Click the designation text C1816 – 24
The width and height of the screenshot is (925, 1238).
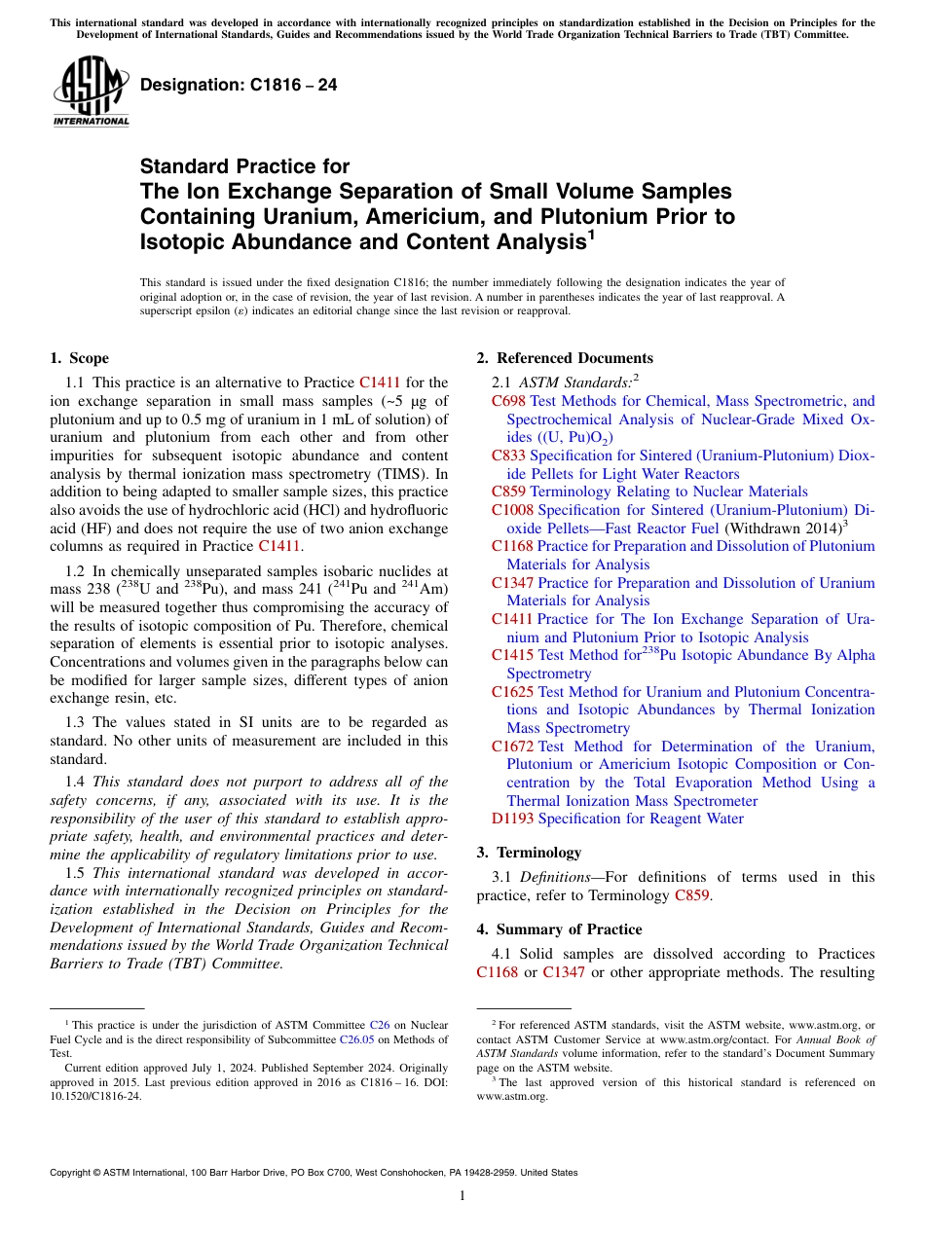pyautogui.click(x=239, y=85)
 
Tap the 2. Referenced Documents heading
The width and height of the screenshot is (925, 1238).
pyautogui.click(x=565, y=358)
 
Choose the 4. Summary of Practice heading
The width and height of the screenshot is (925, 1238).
pyautogui.click(x=559, y=929)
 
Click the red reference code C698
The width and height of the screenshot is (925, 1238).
pyautogui.click(x=508, y=401)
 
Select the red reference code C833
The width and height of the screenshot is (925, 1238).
pyautogui.click(x=508, y=455)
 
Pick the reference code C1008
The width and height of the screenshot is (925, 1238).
pyautogui.click(x=512, y=510)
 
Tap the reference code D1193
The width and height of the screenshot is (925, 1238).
pyautogui.click(x=512, y=819)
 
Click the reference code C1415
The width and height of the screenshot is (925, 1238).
pyautogui.click(x=512, y=655)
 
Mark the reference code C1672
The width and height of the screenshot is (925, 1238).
pyautogui.click(x=512, y=746)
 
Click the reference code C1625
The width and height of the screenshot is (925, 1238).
pyautogui.click(x=512, y=692)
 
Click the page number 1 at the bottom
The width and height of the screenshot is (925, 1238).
pyautogui.click(x=462, y=1196)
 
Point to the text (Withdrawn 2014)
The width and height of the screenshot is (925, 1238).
pyautogui.click(x=782, y=528)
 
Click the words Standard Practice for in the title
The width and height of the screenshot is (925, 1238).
pyautogui.click(x=244, y=166)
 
